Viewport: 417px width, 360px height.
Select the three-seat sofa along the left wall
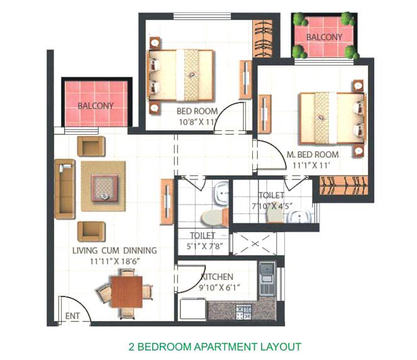pyautogui.click(x=64, y=189)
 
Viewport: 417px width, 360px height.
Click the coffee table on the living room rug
pyautogui.click(x=103, y=186)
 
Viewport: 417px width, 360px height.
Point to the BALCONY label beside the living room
pyautogui.click(x=96, y=106)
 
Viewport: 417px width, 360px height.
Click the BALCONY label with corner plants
pyautogui.click(x=325, y=37)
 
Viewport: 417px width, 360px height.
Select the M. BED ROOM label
pyautogui.click(x=312, y=155)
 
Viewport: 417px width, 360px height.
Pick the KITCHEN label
pyautogui.click(x=217, y=277)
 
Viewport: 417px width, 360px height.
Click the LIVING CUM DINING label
pyautogui.click(x=114, y=250)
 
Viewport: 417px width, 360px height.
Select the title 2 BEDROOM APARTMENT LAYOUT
pyautogui.click(x=214, y=346)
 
